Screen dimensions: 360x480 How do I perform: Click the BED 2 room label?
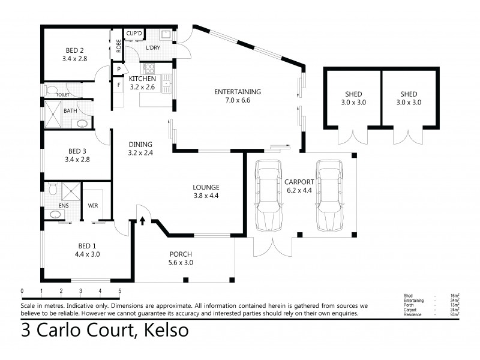pyautogui.click(x=75, y=55)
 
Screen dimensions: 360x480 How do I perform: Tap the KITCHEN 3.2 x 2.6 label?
pyautogui.click(x=142, y=83)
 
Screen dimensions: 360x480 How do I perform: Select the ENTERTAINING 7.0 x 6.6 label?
pyautogui.click(x=238, y=96)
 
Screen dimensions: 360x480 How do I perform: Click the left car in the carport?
pyautogui.click(x=268, y=195)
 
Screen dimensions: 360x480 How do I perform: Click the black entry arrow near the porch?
pyautogui.click(x=142, y=221)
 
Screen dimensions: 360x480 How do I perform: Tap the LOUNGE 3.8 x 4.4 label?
pyautogui.click(x=206, y=191)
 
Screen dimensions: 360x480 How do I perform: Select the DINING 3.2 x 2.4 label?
pyautogui.click(x=140, y=148)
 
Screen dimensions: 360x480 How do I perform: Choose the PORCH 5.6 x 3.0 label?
pyautogui.click(x=181, y=257)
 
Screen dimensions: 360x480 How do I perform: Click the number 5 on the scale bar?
pyautogui.click(x=119, y=291)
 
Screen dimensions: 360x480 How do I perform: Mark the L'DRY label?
pyautogui.click(x=153, y=47)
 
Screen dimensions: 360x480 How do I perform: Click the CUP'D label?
pyautogui.click(x=133, y=33)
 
